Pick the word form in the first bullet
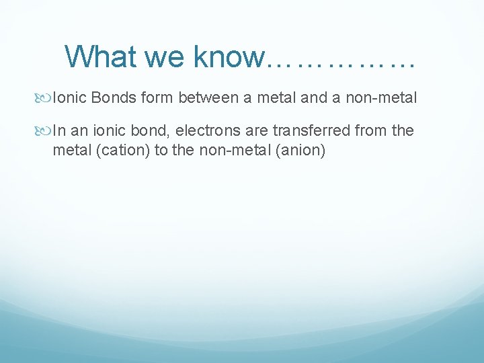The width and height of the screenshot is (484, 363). point(156,98)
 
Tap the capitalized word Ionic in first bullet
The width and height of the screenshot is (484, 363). point(70,98)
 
